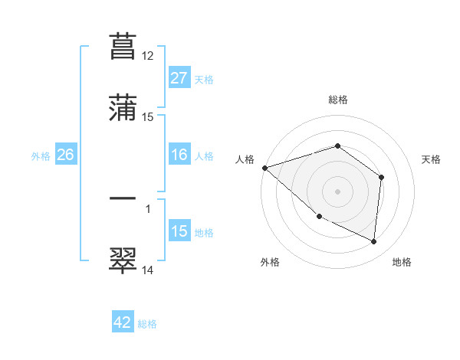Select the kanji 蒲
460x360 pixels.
pyautogui.click(x=123, y=109)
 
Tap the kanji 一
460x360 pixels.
pyautogui.click(x=123, y=198)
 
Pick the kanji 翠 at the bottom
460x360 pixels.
pyautogui.click(x=123, y=260)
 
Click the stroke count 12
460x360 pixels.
pyautogui.click(x=148, y=56)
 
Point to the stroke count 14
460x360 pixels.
pyautogui.click(x=148, y=270)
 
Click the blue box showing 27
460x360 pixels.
pyautogui.click(x=179, y=78)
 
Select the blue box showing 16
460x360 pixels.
pyautogui.click(x=179, y=155)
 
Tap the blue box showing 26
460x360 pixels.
pyautogui.click(x=65, y=155)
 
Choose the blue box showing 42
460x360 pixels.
pyautogui.click(x=123, y=323)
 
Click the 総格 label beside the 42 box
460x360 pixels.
pyautogui.click(x=147, y=324)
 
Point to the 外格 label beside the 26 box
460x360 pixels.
pyautogui.click(x=41, y=156)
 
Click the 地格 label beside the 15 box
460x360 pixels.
pyautogui.click(x=204, y=233)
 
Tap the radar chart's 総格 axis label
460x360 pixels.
pyautogui.click(x=338, y=100)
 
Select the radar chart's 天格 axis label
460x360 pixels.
pyautogui.click(x=432, y=159)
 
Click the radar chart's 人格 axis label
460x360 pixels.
pyautogui.click(x=245, y=159)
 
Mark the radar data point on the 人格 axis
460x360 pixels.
pyautogui.click(x=264, y=168)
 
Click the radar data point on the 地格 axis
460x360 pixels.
pyautogui.click(x=374, y=242)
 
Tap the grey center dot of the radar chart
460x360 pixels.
pyautogui.click(x=338, y=191)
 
